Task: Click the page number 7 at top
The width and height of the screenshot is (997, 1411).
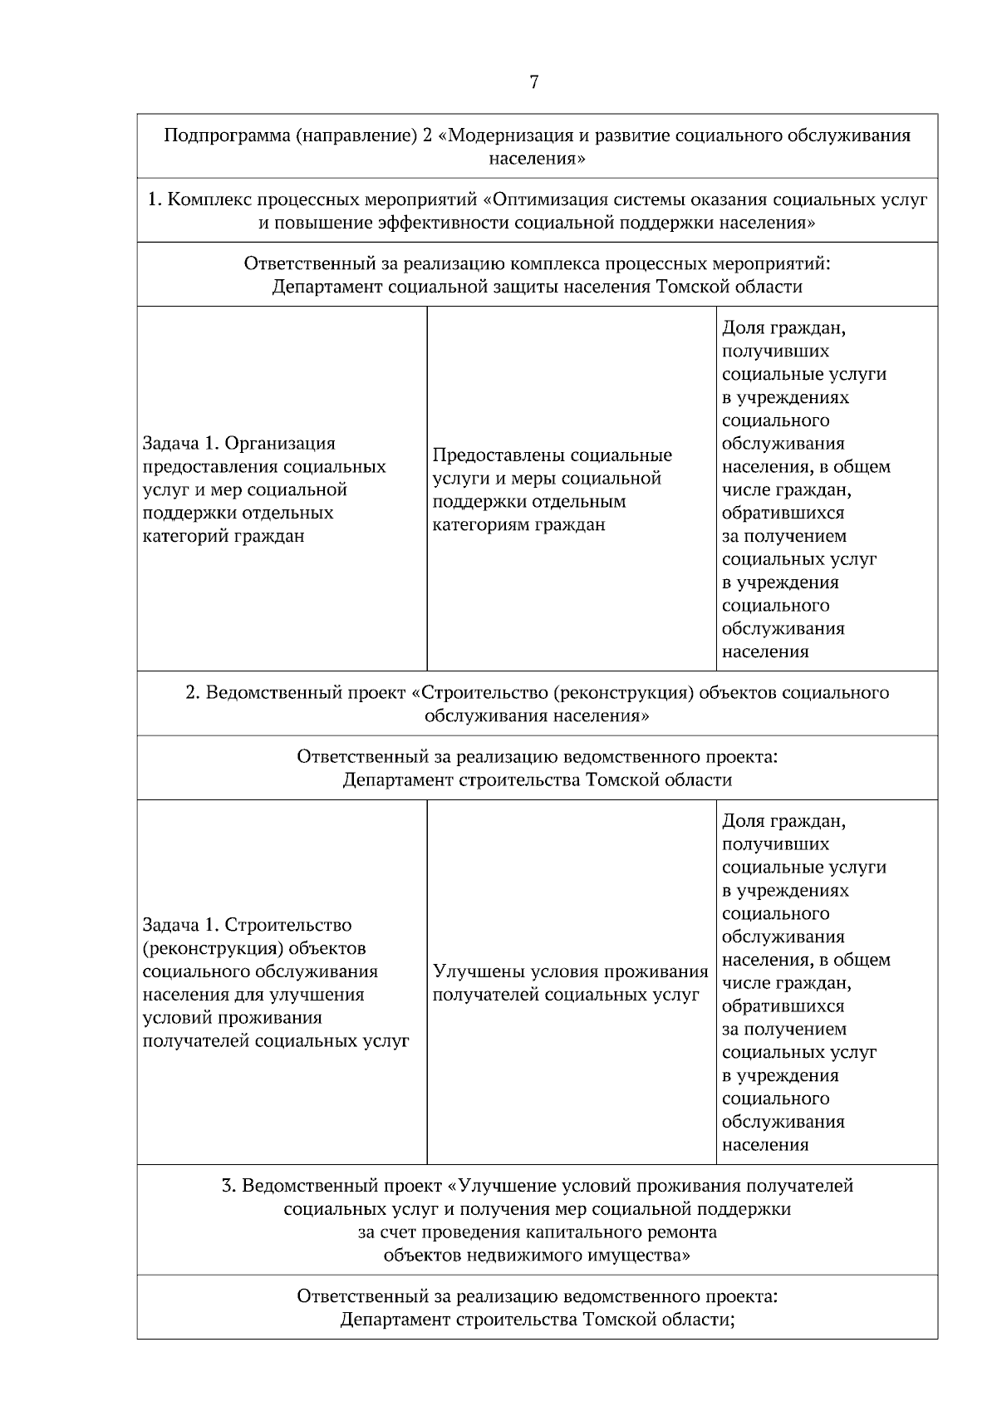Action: coord(533,82)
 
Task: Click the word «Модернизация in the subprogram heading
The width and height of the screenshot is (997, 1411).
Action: coord(507,135)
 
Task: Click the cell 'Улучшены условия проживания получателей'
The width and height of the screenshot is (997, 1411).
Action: coord(570,983)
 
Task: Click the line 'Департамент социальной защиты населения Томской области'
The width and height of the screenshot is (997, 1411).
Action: coord(537,287)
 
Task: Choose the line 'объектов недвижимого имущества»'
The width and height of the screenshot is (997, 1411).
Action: coord(537,1255)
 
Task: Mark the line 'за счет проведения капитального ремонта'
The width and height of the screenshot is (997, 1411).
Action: coord(537,1232)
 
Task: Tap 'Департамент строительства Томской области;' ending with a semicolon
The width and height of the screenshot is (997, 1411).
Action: coord(537,1320)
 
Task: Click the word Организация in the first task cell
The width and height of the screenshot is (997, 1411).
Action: coord(280,443)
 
